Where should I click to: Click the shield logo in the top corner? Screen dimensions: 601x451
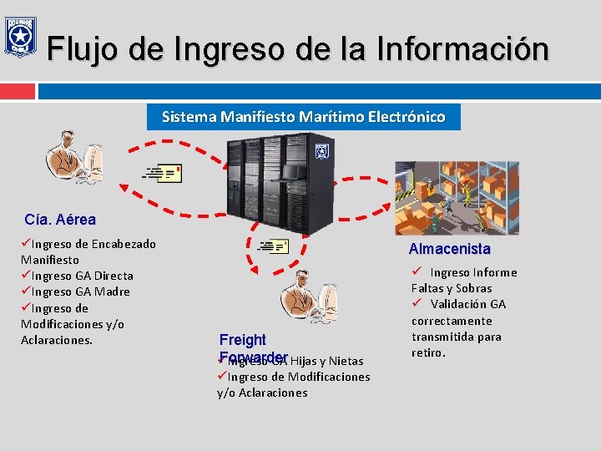pyautogui.click(x=19, y=37)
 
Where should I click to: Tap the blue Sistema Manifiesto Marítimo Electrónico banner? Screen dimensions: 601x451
pyautogui.click(x=303, y=117)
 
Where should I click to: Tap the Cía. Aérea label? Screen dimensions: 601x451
pyautogui.click(x=60, y=220)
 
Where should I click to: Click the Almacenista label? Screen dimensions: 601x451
pyautogui.click(x=449, y=249)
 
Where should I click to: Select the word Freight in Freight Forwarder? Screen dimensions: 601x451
pyautogui.click(x=242, y=340)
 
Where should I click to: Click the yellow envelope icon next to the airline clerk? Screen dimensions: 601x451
pyautogui.click(x=163, y=173)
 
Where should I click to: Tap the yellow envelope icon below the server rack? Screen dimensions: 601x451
pyautogui.click(x=274, y=246)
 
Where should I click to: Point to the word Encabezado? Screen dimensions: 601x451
pyautogui.click(x=123, y=244)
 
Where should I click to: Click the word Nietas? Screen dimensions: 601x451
pyautogui.click(x=346, y=361)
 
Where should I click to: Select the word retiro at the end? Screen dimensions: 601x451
pyautogui.click(x=428, y=352)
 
